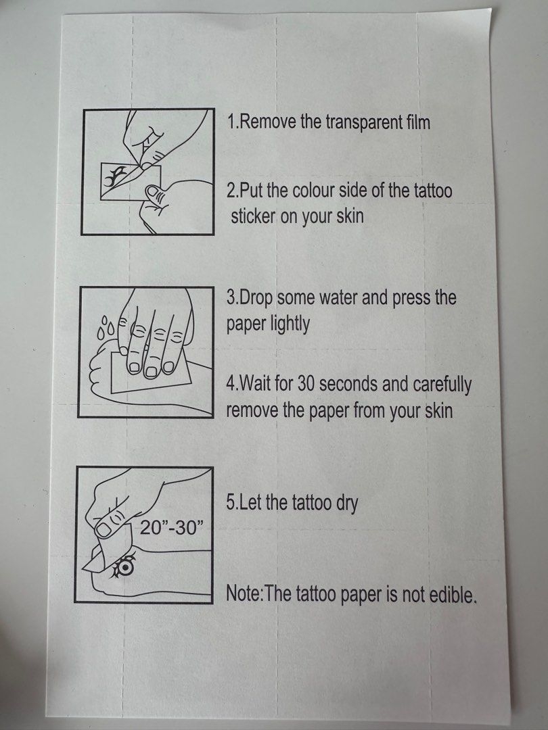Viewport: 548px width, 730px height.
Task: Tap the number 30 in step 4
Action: pyautogui.click(x=307, y=384)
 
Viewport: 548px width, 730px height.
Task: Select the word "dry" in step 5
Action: pyautogui.click(x=346, y=504)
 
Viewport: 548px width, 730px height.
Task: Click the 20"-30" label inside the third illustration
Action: pyautogui.click(x=172, y=527)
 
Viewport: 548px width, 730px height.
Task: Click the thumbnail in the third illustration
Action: pyautogui.click(x=104, y=529)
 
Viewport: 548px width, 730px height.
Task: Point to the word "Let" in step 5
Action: pyautogui.click(x=250, y=502)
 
